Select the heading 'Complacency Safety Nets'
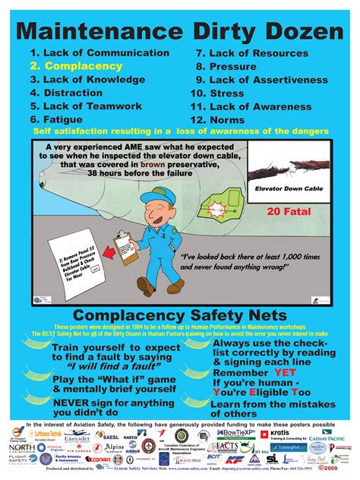(x=180, y=315)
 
